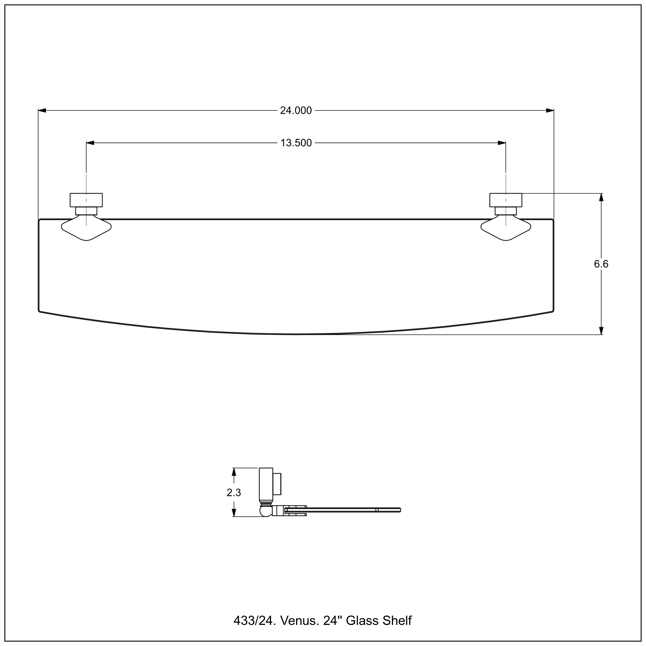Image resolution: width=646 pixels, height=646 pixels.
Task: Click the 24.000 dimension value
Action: click(296, 111)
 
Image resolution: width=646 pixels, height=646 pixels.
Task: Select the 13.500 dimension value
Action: click(296, 143)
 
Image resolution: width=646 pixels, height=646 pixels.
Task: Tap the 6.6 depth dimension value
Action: click(601, 264)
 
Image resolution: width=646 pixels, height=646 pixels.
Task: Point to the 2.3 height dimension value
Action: click(234, 492)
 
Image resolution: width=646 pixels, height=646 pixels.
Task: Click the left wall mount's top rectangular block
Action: click(86, 200)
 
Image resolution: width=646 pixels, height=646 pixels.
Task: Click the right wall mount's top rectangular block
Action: click(506, 200)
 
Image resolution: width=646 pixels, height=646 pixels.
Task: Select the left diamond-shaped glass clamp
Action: click(86, 229)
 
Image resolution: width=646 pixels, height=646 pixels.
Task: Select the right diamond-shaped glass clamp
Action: click(506, 229)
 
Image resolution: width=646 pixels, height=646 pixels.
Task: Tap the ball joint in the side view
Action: click(266, 511)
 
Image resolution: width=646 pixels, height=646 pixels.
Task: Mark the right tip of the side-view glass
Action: click(400, 510)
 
